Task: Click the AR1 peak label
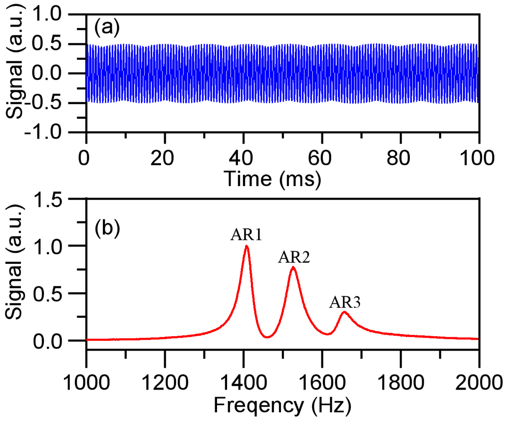click(247, 235)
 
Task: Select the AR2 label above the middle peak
click(294, 257)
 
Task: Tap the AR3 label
click(345, 302)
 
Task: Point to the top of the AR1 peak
click(247, 246)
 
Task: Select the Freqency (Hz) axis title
click(282, 406)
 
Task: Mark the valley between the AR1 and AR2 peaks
click(267, 337)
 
